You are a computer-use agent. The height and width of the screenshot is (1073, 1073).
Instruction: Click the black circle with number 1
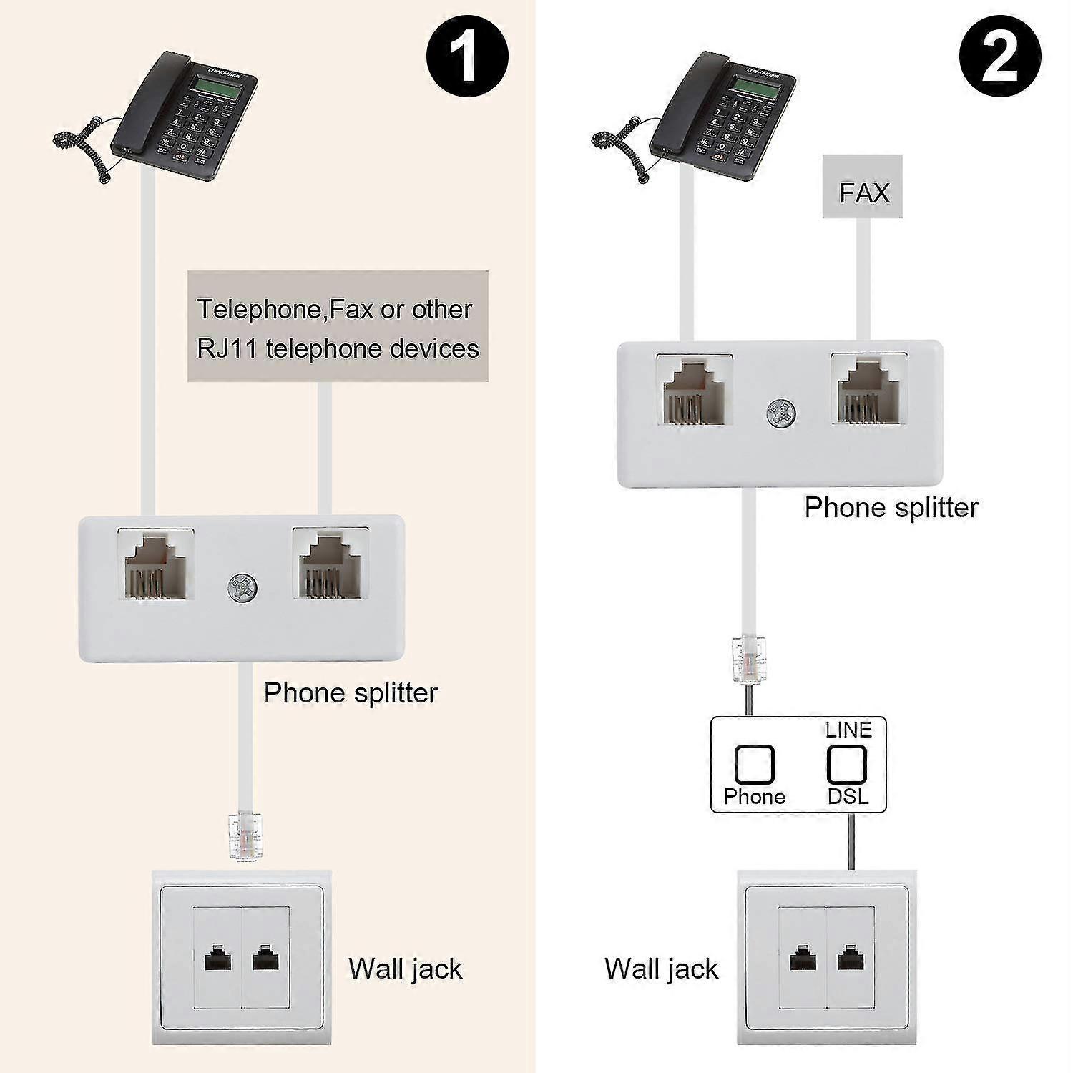pyautogui.click(x=467, y=57)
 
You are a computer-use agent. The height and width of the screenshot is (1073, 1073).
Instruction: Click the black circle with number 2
pyautogui.click(x=1000, y=57)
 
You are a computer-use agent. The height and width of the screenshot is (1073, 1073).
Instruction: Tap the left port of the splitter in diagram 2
pyautogui.click(x=695, y=390)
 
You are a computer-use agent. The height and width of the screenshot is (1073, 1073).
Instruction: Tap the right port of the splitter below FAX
pyautogui.click(x=869, y=390)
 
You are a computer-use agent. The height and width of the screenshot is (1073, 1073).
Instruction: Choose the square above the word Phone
pyautogui.click(x=754, y=765)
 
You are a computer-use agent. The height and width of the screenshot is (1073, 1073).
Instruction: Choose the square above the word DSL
pyautogui.click(x=847, y=765)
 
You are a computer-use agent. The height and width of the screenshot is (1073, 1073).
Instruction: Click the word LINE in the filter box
pyautogui.click(x=848, y=730)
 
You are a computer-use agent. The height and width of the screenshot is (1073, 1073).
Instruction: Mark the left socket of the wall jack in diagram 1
pyautogui.click(x=217, y=959)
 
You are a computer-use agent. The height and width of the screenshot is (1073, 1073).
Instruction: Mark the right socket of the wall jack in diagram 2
pyautogui.click(x=850, y=959)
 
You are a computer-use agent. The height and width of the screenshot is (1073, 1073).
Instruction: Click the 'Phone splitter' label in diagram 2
pyautogui.click(x=891, y=508)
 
